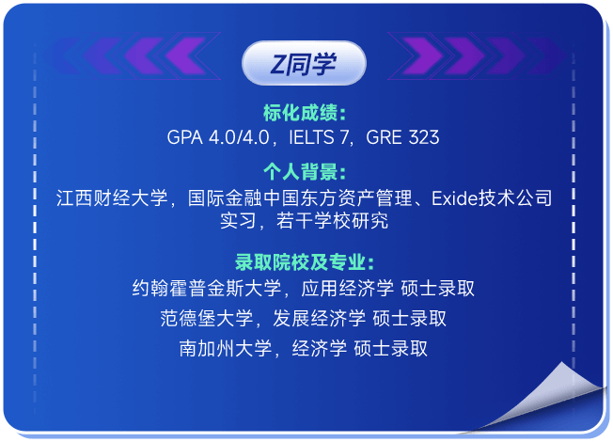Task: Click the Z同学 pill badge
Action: click(304, 63)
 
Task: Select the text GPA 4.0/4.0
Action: click(218, 137)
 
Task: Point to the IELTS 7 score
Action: click(318, 137)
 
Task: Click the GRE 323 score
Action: click(402, 137)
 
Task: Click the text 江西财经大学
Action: click(112, 197)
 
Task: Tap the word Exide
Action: click(455, 198)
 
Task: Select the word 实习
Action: click(238, 221)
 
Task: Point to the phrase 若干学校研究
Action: click(332, 221)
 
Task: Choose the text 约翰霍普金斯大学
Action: click(207, 289)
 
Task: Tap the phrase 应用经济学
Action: click(347, 289)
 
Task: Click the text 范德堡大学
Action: click(207, 319)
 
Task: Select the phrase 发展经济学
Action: click(319, 319)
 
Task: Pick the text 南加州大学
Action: click(226, 349)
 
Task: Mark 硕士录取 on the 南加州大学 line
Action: click(390, 349)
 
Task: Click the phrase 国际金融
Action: click(225, 197)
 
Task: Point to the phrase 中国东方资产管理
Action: click(337, 197)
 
